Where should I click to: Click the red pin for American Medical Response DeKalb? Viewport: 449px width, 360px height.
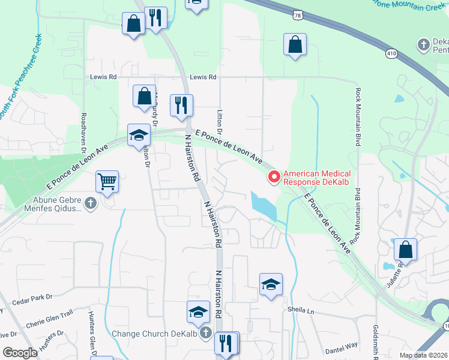[x=274, y=176]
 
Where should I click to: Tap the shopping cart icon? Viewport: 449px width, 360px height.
[x=107, y=181]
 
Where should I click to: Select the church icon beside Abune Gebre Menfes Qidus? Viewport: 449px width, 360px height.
[x=91, y=203]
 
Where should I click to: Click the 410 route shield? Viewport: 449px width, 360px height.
[x=391, y=54]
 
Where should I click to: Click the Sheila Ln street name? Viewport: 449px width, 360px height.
[x=302, y=311]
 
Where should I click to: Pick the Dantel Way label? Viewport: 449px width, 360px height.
[x=341, y=347]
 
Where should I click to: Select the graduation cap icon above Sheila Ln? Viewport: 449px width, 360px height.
[x=271, y=284]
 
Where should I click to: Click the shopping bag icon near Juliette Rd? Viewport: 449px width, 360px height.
[x=406, y=250]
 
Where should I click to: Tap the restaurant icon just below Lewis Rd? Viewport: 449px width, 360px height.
[x=181, y=106]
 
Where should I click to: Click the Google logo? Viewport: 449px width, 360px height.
[x=20, y=353]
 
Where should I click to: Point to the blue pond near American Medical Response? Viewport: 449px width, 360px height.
[x=262, y=206]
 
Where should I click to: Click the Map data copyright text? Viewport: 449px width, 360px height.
[x=423, y=355]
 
